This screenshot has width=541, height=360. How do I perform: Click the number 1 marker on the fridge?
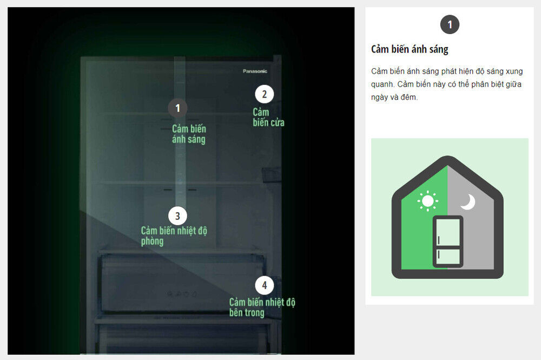pos(177,108)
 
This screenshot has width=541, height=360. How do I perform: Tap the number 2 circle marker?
pos(265,94)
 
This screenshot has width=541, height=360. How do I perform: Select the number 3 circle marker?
pos(177,216)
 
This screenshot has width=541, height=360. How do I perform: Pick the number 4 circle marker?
pos(265,285)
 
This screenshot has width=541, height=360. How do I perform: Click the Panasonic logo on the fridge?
pos(255,71)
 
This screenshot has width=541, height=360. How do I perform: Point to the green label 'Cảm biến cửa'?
pos(268,117)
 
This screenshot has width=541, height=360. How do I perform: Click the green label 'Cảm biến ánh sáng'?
pos(189,134)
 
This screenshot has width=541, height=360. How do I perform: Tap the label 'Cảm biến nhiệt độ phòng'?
pos(174,235)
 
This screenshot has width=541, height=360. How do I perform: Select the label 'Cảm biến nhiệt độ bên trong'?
pos(262,307)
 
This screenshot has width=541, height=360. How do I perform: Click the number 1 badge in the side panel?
pos(450,24)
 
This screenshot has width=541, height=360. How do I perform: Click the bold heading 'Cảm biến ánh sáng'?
pos(410,49)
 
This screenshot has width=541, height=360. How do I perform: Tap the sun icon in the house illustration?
pos(428,200)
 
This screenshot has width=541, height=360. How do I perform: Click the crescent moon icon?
pos(468,202)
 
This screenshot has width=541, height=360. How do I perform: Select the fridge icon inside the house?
pos(448,241)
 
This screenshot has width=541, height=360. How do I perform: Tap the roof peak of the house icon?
pos(448,158)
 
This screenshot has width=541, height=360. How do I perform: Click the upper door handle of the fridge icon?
pos(439,240)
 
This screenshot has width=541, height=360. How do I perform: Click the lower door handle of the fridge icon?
pos(439,255)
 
